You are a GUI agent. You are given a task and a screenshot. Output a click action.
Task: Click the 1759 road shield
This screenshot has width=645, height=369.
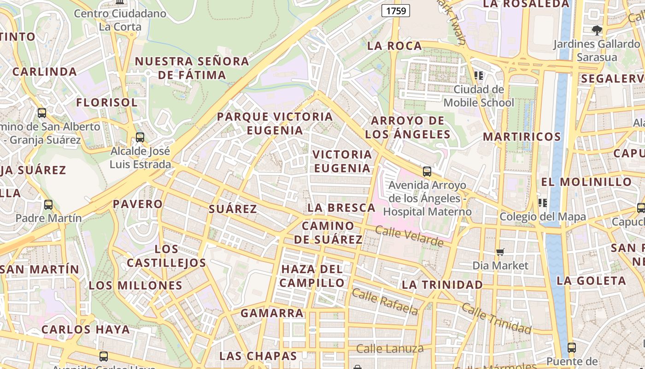coord(396,11)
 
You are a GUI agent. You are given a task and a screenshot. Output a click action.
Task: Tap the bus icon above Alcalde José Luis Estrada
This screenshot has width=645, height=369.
coord(140,137)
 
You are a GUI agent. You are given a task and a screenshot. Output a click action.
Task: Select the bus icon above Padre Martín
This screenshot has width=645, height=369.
coord(48,204)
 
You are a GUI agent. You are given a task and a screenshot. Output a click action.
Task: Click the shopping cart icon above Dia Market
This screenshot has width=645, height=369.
coord(500,252)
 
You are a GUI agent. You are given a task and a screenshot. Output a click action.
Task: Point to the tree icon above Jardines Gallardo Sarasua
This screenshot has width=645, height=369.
coord(597,30)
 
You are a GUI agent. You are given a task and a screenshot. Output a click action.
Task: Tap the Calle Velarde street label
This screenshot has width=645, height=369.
coord(409,236)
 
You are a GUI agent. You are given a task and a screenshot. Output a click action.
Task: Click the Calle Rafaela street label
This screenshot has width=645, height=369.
coord(385,302)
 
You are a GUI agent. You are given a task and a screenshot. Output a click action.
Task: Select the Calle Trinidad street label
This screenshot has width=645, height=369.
coord(496,318)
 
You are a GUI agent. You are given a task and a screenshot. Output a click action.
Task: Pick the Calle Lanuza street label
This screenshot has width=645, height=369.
coord(390,349)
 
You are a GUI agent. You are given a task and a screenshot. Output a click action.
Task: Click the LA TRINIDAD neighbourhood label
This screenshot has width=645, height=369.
coord(442,285)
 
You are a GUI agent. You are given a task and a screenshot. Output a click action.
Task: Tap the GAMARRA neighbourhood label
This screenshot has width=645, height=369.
coord(272,313)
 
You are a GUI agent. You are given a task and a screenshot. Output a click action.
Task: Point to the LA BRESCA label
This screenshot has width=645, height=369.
coord(341,208)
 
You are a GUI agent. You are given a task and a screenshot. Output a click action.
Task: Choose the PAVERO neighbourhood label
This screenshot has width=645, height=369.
coord(138,204)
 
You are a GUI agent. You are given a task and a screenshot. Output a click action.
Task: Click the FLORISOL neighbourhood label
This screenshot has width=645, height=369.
coord(107,102)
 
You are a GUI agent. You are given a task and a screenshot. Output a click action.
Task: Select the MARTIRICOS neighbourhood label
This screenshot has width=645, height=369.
coord(522,137)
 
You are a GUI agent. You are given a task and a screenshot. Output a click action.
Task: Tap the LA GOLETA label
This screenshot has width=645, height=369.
coord(591,281)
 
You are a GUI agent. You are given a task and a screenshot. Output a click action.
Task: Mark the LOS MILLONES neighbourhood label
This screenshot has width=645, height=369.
coord(136,286)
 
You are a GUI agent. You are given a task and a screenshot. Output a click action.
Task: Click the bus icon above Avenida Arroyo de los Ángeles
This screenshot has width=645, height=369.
coord(427,172)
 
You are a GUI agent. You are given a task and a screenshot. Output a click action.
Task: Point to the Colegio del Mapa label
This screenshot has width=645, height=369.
coord(543,216)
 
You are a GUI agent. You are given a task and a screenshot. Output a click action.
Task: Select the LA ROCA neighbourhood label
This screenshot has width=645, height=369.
coord(395,46)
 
